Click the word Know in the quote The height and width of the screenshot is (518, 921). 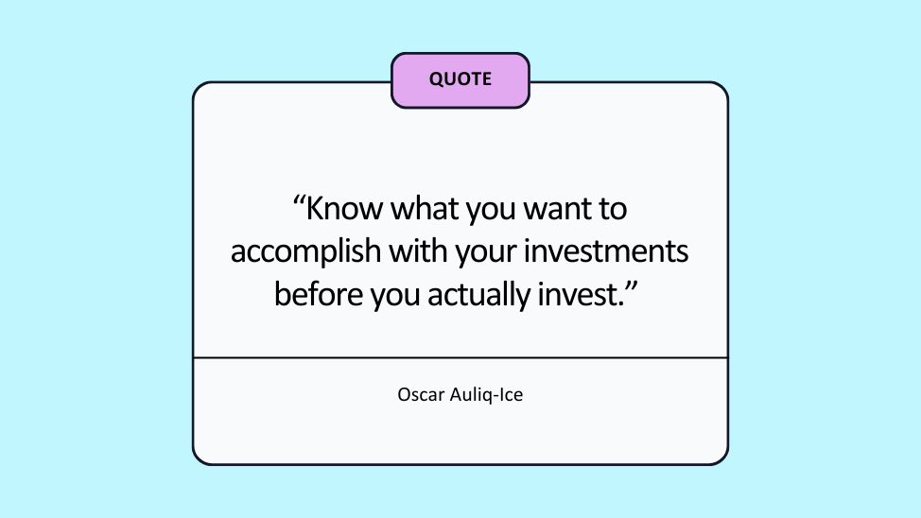tap(344, 209)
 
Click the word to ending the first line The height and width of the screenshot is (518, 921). tap(613, 210)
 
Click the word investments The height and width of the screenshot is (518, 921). tap(605, 251)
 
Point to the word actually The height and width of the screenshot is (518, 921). tap(479, 296)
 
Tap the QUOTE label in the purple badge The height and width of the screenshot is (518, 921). tap(460, 79)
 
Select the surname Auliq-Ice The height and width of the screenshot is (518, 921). tap(486, 395)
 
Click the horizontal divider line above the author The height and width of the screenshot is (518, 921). tap(460, 357)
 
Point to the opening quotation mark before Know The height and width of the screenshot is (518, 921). tap(300, 201)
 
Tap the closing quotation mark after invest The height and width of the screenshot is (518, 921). tap(632, 287)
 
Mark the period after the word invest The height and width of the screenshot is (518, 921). tap(621, 304)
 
